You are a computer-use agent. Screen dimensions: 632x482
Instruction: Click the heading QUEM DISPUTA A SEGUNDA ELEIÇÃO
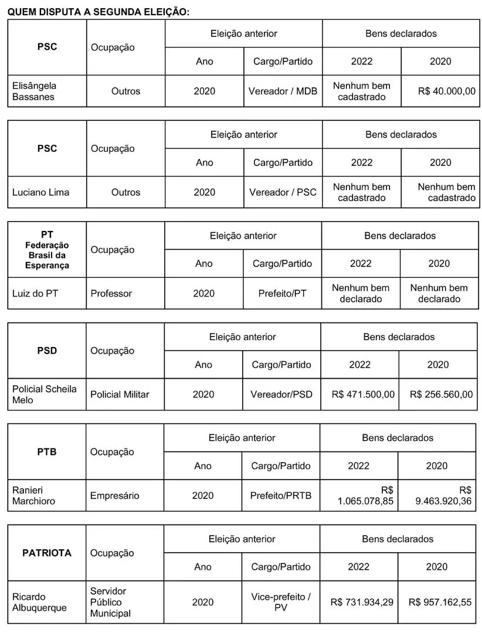pos(99,12)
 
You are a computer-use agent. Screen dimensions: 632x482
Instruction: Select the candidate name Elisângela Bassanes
pos(35,91)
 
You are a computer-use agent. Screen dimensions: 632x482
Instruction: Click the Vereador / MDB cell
pos(283,91)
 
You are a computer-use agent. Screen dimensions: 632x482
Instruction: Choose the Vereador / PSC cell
pos(283,192)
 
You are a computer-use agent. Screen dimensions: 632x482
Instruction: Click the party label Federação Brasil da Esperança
pos(47,255)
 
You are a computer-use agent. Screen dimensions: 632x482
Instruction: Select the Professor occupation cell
pos(111,293)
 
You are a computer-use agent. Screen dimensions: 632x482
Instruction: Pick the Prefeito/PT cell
pos(282,293)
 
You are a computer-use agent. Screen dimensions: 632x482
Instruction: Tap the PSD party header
pos(47,351)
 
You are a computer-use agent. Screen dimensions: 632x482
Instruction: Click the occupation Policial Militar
pos(120,395)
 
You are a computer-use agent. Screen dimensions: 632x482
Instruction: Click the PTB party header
pos(46,452)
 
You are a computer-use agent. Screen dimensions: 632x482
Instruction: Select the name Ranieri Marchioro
pos(33,495)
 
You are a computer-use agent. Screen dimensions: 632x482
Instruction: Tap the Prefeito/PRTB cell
pos(281,496)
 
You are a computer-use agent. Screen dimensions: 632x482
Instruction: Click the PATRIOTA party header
pos(47,553)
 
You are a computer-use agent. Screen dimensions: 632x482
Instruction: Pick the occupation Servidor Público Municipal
pos(111,602)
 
